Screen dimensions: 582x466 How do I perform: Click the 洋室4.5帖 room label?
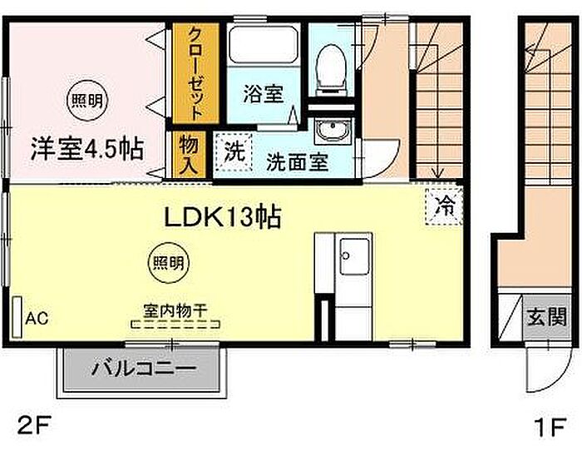pos(86,149)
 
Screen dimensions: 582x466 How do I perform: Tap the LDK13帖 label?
pos(222,217)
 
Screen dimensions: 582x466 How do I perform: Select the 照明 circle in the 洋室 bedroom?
pos(86,101)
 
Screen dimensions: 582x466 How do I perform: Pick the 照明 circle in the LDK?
pos(169,263)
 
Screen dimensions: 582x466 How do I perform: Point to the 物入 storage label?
pos(189,155)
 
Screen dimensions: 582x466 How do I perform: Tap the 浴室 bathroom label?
pos(264,94)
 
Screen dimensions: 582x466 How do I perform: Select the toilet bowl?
pos(330,70)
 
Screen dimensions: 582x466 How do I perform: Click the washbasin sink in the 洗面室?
pos(333,131)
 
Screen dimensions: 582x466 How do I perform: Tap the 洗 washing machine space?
pos(233,152)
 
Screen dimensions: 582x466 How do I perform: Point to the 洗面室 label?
pos(298,162)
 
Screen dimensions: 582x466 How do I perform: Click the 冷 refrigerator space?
pos(443,206)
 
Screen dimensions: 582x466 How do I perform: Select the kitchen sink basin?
pos(354,255)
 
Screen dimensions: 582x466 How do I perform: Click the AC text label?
pos(37,319)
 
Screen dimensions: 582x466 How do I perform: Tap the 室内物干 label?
pos(175,311)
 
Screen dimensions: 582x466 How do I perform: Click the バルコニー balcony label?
pos(143,369)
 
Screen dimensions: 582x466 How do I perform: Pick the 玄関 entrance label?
pos(547,317)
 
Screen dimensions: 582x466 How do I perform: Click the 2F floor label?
pos(33,428)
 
